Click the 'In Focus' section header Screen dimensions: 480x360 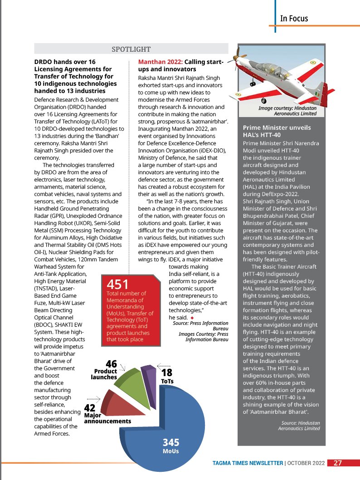click(x=294, y=19)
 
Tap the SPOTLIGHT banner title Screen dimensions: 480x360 click(x=131, y=49)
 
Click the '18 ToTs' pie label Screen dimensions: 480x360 click(x=167, y=377)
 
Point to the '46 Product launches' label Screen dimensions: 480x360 click(x=105, y=370)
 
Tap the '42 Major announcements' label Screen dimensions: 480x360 click(x=107, y=414)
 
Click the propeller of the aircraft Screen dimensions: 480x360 click(x=238, y=58)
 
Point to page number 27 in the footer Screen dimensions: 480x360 click(x=338, y=463)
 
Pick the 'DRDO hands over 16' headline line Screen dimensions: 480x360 click(x=65, y=62)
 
